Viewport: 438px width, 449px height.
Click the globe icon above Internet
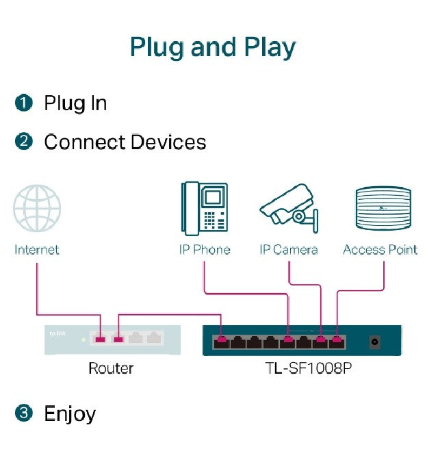pyautogui.click(x=38, y=209)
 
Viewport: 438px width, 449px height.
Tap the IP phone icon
pyautogui.click(x=204, y=209)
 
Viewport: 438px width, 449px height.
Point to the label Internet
pyautogui.click(x=37, y=250)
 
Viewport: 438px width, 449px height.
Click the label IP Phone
pyautogui.click(x=204, y=250)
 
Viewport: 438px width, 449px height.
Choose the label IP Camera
pyautogui.click(x=288, y=250)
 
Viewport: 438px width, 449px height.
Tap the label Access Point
pyautogui.click(x=380, y=250)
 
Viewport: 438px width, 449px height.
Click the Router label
pyautogui.click(x=111, y=368)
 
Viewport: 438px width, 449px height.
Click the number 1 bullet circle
pyautogui.click(x=23, y=103)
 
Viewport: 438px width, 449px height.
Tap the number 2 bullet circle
pyautogui.click(x=23, y=142)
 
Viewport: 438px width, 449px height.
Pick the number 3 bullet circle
pyautogui.click(x=23, y=413)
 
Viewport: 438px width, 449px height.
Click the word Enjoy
pyautogui.click(x=70, y=413)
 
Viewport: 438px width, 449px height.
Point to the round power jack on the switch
pyautogui.click(x=375, y=340)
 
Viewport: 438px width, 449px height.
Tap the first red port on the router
pyautogui.click(x=101, y=338)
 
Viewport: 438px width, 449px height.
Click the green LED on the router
pyautogui.click(x=83, y=338)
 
